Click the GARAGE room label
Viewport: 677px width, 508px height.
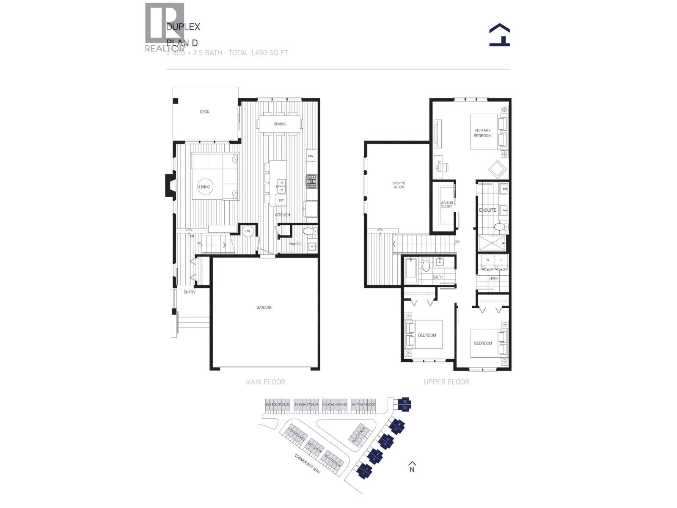pos(264,307)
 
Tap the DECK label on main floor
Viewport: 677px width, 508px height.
pos(204,112)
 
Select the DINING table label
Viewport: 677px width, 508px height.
pos(279,124)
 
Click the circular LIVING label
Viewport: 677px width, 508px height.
pos(204,187)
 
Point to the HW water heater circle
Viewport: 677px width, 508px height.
pos(248,231)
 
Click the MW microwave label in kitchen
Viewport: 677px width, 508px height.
pos(311,156)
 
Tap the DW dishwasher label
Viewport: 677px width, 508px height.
pos(281,200)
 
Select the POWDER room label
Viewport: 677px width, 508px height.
pos(295,244)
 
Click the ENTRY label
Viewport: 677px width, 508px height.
pos(190,292)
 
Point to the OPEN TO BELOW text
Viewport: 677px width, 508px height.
pos(399,185)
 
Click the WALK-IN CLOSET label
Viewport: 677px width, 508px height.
pos(446,204)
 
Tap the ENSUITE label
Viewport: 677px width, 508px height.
pos(487,210)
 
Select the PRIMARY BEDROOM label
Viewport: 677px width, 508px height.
pos(482,133)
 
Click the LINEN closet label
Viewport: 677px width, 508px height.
pos(493,279)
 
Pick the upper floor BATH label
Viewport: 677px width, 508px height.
pos(438,277)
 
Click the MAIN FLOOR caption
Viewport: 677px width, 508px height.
pos(265,382)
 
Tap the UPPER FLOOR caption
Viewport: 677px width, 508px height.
pos(446,382)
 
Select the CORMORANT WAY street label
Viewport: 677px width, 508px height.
pos(308,464)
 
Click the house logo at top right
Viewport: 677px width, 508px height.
pos(499,35)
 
